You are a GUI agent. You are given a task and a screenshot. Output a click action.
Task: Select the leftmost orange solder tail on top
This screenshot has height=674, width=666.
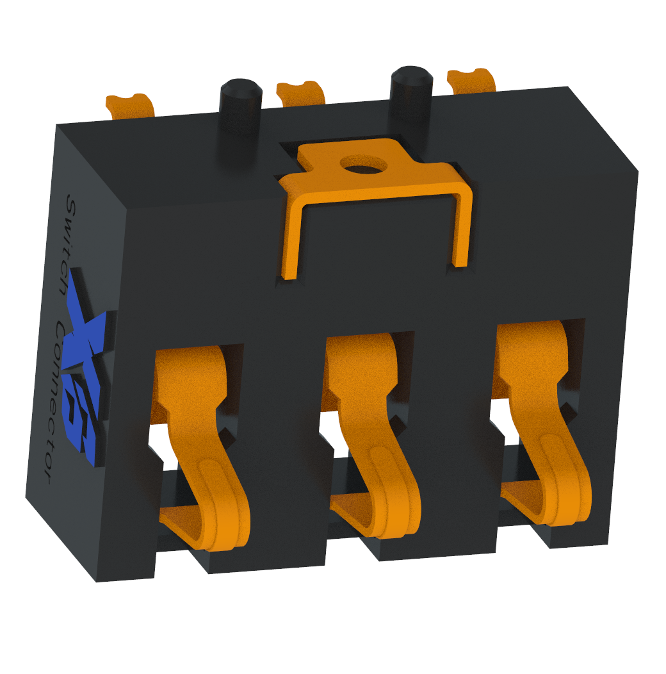[x=131, y=105]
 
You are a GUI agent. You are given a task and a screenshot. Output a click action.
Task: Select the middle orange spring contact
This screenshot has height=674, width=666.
[x=371, y=429]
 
